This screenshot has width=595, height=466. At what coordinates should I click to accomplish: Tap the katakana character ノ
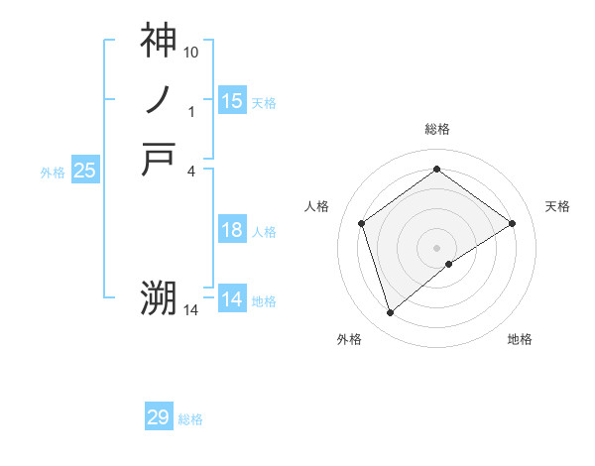[x=158, y=100]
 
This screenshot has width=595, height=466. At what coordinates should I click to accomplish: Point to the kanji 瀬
[x=158, y=297]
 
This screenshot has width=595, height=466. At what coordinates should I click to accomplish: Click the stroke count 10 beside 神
[x=191, y=51]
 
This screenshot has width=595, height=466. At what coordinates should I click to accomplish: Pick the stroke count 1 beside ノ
[x=191, y=112]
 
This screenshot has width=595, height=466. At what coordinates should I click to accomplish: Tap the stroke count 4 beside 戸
[x=191, y=171]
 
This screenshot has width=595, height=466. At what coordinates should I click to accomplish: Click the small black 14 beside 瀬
[x=191, y=310]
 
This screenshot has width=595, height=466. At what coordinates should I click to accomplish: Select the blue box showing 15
[x=232, y=100]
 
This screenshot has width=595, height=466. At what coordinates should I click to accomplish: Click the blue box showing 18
[x=232, y=230]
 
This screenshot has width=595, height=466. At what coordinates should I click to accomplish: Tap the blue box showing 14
[x=232, y=298]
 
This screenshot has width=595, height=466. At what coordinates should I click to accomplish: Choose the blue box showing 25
[x=85, y=171]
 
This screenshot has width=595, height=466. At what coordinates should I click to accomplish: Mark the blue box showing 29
[x=159, y=417]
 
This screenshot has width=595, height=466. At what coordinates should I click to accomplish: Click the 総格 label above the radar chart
[x=437, y=129]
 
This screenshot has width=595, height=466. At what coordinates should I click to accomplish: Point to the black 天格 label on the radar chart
[x=558, y=206]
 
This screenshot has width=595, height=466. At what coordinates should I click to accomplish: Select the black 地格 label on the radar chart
[x=520, y=339]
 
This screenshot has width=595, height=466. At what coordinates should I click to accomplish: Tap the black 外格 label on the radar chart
[x=349, y=339]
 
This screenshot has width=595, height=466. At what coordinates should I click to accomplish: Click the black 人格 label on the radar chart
[x=317, y=206]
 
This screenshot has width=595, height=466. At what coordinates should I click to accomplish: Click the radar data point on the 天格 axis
[x=513, y=223]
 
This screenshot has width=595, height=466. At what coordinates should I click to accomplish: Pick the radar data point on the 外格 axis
[x=390, y=313]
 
